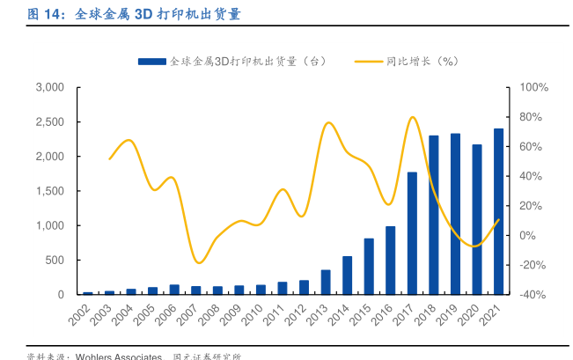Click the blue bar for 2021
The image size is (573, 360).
498,211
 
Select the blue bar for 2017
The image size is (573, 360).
412,233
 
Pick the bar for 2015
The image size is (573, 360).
369,266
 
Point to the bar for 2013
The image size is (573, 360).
326,282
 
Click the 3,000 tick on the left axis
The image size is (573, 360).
50,87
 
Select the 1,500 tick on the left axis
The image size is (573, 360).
50,191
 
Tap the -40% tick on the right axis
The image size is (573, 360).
533,295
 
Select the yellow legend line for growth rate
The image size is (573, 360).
369,61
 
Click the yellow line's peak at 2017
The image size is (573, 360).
412,117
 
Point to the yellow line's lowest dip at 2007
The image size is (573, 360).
200,262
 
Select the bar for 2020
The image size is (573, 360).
477,219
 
